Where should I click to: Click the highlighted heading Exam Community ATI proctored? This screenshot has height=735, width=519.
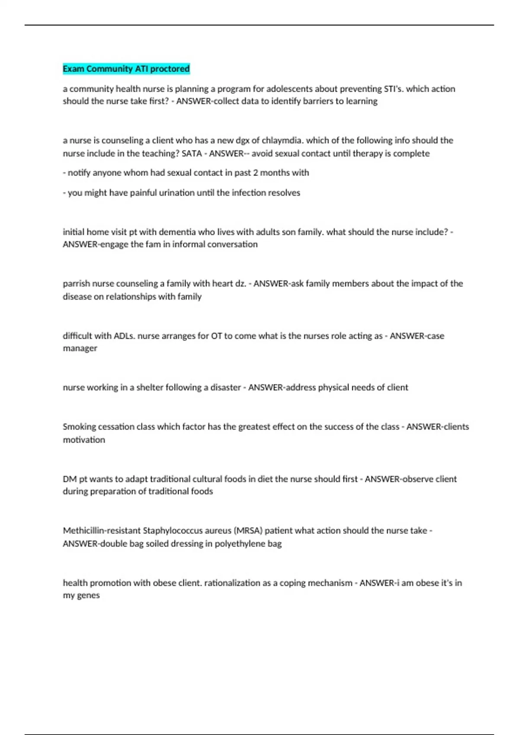[126, 69]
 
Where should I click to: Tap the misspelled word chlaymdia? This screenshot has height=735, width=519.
[282, 141]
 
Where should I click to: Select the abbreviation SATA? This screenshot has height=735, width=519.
[192, 153]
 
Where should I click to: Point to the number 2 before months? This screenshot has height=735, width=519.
[256, 173]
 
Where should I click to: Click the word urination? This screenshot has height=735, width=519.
[176, 193]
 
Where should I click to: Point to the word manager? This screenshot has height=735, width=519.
[80, 348]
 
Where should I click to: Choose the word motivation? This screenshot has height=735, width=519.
[84, 440]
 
